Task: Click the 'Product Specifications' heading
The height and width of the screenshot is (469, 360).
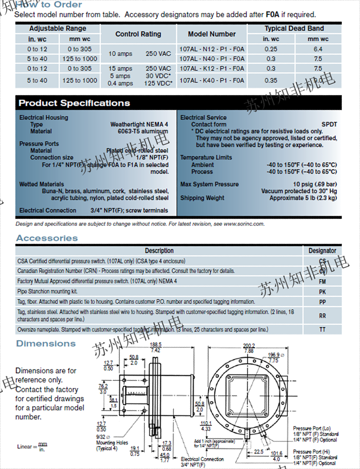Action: tap(74, 103)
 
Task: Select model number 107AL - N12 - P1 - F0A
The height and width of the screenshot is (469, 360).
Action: tap(211, 50)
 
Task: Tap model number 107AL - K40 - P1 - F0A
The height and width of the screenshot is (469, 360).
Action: tap(211, 80)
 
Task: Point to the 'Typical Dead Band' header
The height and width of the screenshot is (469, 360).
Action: tap(294, 28)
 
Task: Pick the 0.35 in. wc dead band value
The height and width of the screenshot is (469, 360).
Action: tap(271, 80)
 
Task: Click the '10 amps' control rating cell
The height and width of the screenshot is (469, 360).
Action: tap(120, 54)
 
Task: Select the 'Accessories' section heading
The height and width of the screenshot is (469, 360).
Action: tap(47, 238)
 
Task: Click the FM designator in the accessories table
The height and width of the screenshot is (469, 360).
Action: tap(322, 282)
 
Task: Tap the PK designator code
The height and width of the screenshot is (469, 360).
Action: tap(322, 291)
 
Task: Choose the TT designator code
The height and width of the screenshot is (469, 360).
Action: tap(322, 329)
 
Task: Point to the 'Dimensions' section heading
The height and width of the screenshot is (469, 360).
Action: tap(46, 343)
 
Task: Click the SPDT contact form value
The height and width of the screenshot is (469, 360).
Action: tap(329, 124)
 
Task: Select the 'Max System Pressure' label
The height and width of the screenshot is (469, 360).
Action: tap(209, 185)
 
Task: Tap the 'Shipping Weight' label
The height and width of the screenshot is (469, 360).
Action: tap(202, 198)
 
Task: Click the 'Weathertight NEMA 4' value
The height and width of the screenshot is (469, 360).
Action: tap(139, 124)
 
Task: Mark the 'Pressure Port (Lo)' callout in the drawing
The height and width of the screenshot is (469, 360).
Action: tap(310, 428)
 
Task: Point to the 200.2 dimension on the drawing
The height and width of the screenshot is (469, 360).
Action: tap(249, 345)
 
